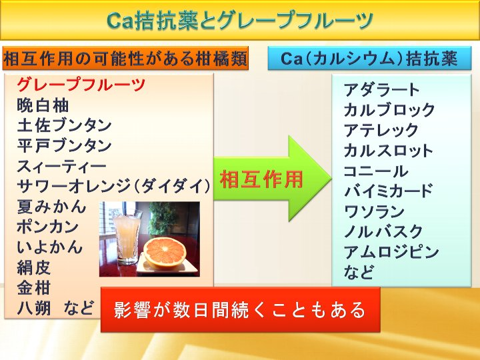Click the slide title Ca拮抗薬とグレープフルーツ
[240, 21]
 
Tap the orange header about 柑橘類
[125, 58]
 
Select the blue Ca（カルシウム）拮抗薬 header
[369, 58]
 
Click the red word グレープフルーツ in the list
[81, 84]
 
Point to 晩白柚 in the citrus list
[43, 105]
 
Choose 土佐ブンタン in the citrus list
[64, 125]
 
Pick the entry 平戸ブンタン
[64, 146]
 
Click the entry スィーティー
[61, 166]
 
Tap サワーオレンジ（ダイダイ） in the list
[113, 186]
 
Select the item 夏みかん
[51, 206]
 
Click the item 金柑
[34, 288]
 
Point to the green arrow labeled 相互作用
[273, 179]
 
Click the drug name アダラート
[381, 90]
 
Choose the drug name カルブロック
[389, 110]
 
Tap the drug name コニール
[376, 171]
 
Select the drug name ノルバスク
[383, 232]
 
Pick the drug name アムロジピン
[391, 252]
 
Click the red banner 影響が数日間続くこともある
[240, 309]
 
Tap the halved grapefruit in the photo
[165, 254]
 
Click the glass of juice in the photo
[127, 237]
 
